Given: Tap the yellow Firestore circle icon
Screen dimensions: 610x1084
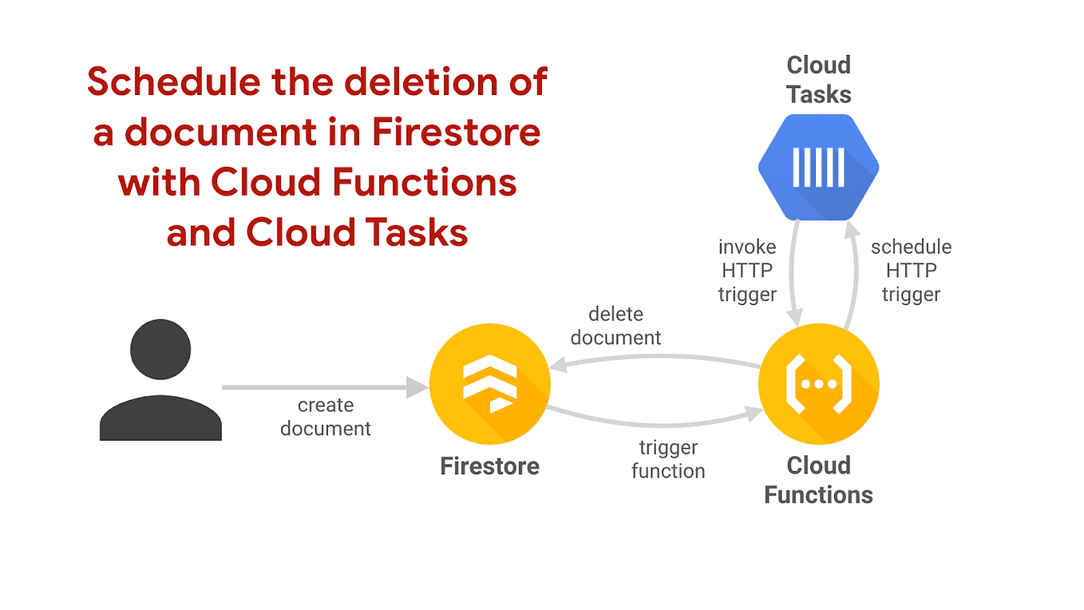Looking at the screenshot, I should [489, 384].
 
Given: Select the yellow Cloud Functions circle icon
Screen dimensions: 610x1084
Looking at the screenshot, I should [818, 384].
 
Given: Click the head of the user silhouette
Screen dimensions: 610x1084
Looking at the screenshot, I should [160, 351].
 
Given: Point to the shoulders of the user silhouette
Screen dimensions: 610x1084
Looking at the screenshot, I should [160, 418].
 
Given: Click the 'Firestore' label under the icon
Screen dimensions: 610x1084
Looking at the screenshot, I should [489, 465].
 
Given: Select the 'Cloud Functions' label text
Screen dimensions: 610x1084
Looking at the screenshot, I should [818, 480].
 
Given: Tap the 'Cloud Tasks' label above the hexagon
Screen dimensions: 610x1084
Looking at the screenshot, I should [818, 79].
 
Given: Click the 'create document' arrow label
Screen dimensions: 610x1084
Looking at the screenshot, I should [326, 417].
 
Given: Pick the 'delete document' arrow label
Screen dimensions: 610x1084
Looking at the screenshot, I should [615, 326].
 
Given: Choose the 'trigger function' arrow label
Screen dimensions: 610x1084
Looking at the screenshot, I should [668, 459].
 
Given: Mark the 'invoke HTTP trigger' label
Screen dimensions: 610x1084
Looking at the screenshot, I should [747, 271].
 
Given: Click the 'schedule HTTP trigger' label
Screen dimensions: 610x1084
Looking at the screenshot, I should [911, 271].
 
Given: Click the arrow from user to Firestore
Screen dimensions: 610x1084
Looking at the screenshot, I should [319, 387].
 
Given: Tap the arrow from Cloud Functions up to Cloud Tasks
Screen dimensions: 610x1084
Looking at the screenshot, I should [853, 271].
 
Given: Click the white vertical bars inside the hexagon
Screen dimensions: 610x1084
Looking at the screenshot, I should [818, 167].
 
